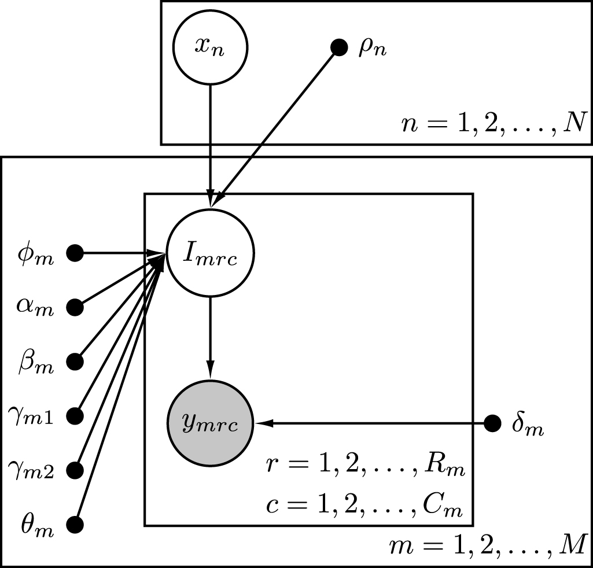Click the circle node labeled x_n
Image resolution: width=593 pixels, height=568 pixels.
211,47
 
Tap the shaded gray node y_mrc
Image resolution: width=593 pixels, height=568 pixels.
211,424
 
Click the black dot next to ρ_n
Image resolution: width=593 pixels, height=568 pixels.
338,47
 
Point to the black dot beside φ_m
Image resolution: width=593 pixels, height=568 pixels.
75,253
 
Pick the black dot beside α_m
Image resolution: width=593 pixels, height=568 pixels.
75,307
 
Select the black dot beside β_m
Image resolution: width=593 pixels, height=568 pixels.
75,362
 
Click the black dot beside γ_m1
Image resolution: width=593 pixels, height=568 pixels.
75,416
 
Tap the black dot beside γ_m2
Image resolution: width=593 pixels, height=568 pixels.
75,470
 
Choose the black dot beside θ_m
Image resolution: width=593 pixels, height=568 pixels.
75,525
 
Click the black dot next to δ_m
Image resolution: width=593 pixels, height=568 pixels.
492,424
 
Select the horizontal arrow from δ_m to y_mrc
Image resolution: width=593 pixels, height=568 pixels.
370,424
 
